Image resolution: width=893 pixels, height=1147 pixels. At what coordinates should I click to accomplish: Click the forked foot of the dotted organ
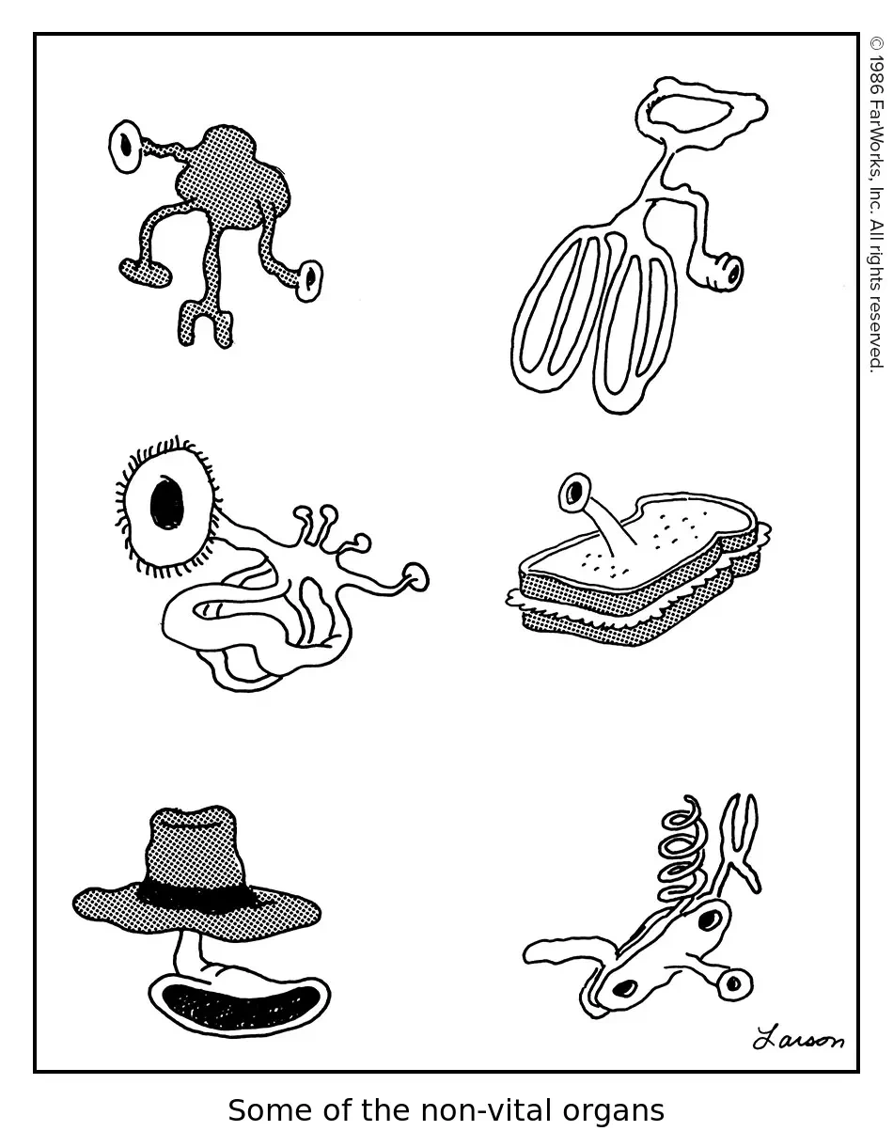click(206, 323)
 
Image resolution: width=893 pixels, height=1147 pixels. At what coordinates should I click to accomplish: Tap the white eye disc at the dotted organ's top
click(126, 146)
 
